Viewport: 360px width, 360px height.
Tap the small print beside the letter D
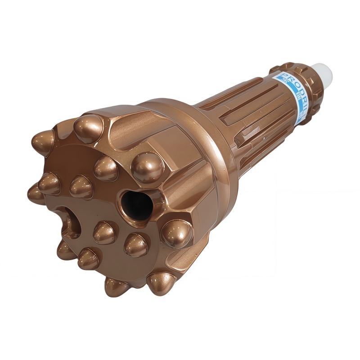coord(288,89)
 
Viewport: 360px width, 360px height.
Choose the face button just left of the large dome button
coord(106,167)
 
